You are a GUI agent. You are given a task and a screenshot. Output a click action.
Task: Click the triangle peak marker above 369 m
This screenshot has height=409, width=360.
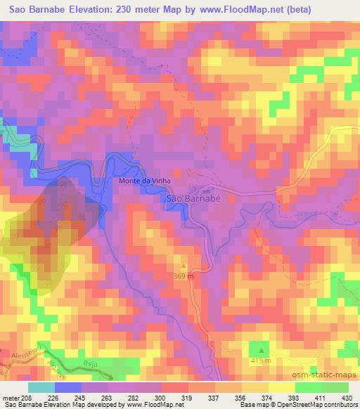click(184, 266)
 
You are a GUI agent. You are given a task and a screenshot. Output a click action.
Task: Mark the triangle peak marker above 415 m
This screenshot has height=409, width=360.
click(262, 349)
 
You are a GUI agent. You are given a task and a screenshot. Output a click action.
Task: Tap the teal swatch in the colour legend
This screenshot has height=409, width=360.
click(41, 387)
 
